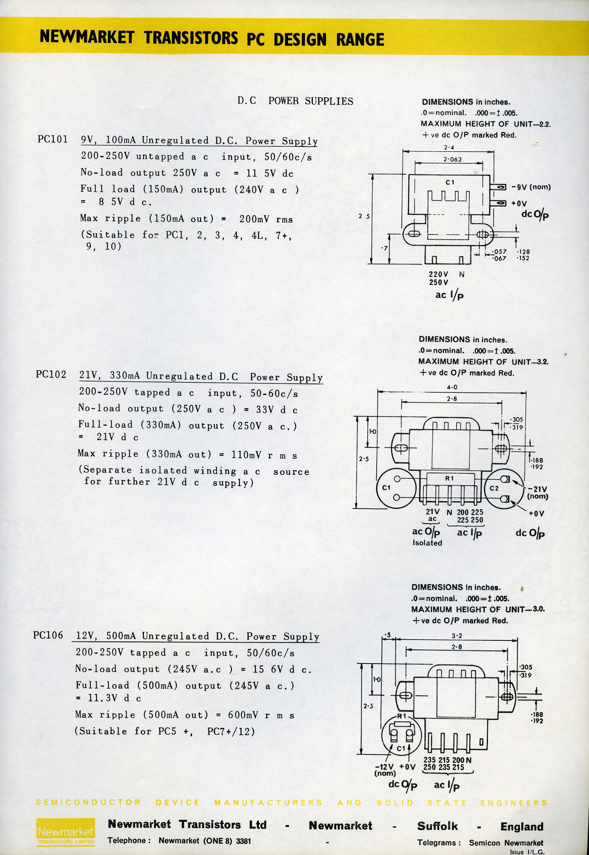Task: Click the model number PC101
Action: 53,139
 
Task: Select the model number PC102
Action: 51,375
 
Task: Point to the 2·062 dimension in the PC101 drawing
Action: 452,160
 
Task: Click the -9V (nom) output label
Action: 531,187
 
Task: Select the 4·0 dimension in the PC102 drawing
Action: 452,387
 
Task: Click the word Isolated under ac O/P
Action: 427,543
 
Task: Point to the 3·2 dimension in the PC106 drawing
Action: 457,636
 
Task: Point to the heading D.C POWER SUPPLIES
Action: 295,101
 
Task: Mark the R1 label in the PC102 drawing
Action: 449,478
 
